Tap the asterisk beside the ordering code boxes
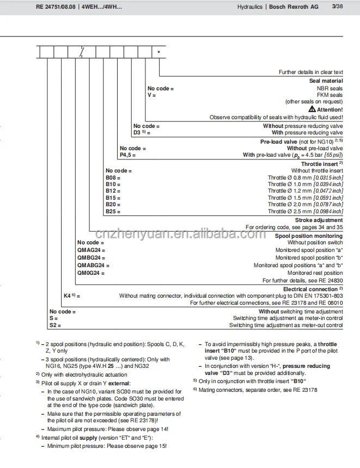[159, 53]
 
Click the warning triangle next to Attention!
[312, 109]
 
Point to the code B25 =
[113, 211]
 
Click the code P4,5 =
[127, 155]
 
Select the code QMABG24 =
[93, 265]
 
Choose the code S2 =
[55, 325]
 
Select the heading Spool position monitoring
[309, 236]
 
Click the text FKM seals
[330, 95]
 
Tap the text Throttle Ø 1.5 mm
[289, 198]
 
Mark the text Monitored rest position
[315, 273]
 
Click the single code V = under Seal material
[151, 95]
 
